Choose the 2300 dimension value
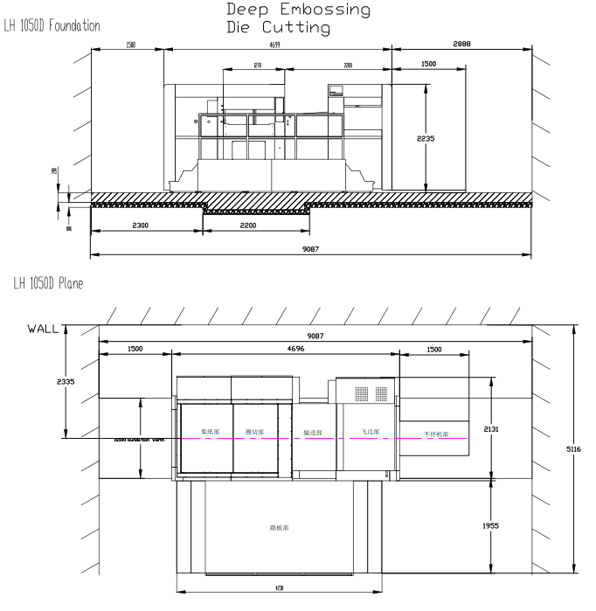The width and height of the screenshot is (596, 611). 147,226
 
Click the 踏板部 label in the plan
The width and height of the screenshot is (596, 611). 281,528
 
